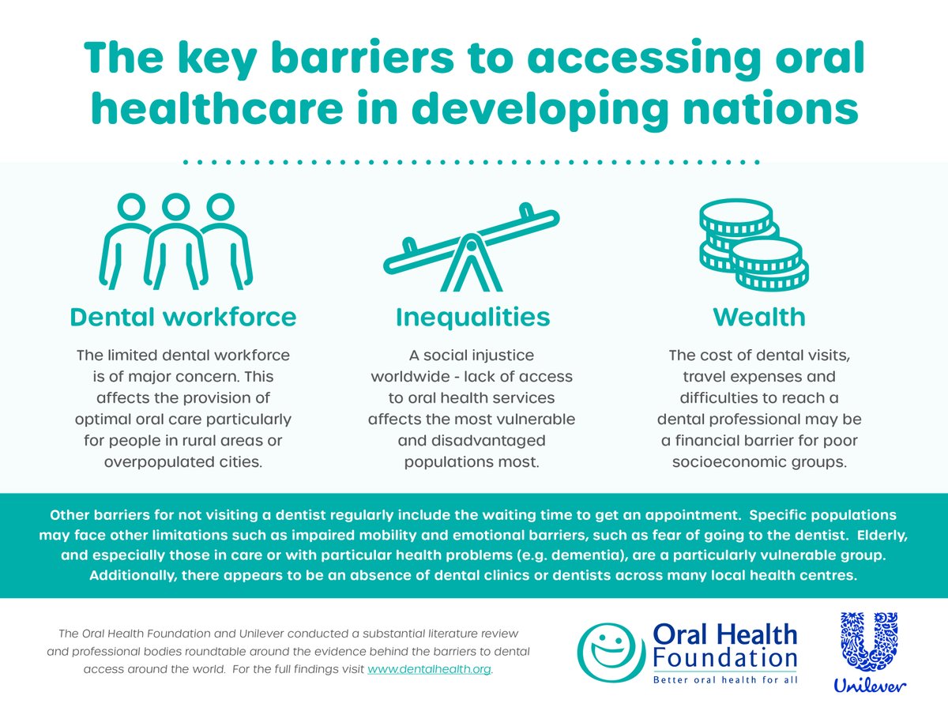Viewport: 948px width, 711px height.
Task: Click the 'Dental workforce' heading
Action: [183, 317]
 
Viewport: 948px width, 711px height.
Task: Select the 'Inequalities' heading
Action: [472, 317]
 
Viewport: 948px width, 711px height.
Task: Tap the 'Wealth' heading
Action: [759, 317]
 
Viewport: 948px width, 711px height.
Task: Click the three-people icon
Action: [176, 241]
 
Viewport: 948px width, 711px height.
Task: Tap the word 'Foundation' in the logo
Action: [724, 657]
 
